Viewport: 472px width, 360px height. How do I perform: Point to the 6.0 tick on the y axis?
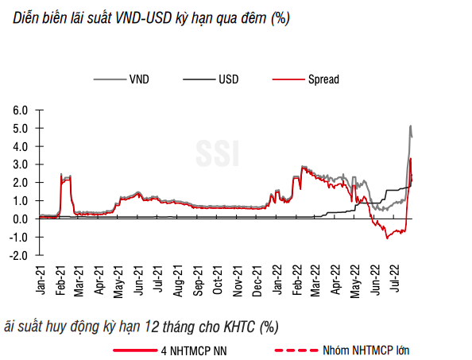coord(21,110)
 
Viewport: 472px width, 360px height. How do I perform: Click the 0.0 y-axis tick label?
coord(21,219)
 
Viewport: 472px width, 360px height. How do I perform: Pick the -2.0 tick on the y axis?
coord(19,255)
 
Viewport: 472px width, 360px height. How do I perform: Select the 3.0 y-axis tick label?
coord(21,165)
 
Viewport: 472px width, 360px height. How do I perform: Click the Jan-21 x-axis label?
coord(42,284)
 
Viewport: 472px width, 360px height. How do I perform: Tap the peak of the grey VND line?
coord(410,126)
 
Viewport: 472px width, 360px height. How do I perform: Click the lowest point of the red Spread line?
coord(387,238)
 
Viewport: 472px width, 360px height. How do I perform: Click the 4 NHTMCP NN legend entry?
coord(187,350)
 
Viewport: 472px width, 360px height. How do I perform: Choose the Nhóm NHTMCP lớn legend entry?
coord(366,350)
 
